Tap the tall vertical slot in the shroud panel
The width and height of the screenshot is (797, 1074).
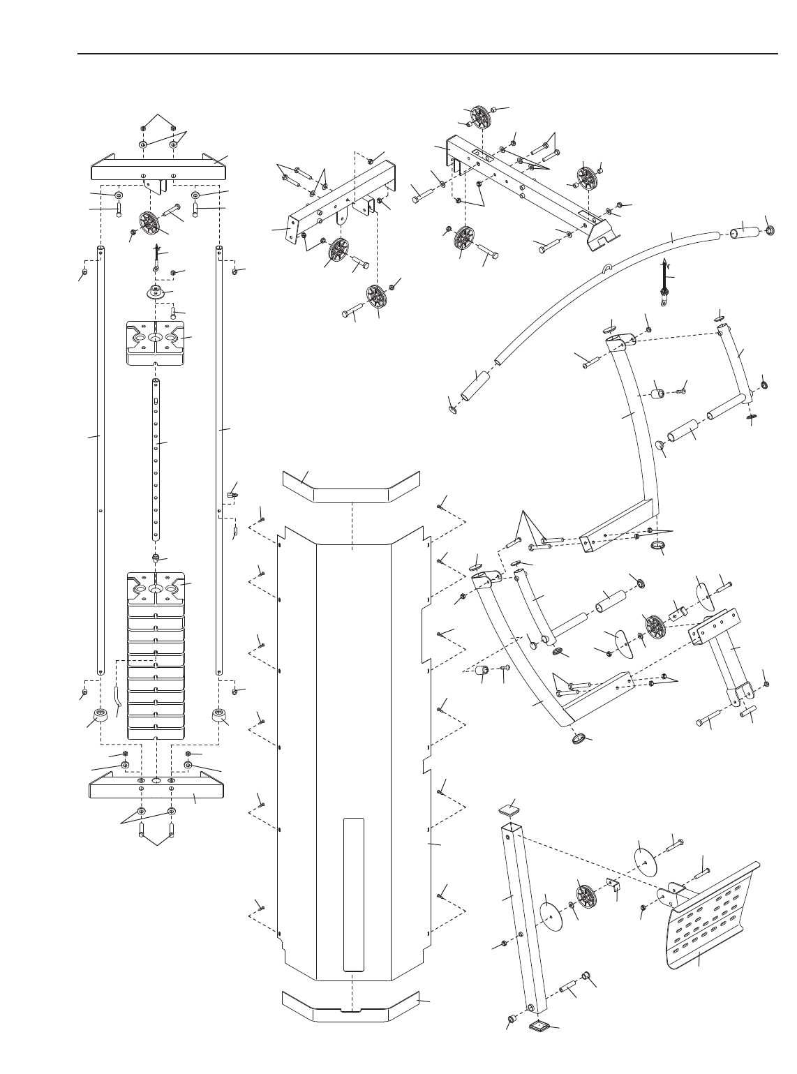[x=355, y=893]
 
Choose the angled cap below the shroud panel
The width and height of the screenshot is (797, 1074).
[x=351, y=1006]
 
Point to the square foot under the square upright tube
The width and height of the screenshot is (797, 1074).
[x=539, y=1025]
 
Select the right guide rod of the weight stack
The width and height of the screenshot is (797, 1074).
[x=220, y=461]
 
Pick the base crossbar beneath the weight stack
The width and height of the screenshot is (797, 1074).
[x=157, y=788]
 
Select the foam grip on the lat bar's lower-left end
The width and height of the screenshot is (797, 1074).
[x=474, y=384]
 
